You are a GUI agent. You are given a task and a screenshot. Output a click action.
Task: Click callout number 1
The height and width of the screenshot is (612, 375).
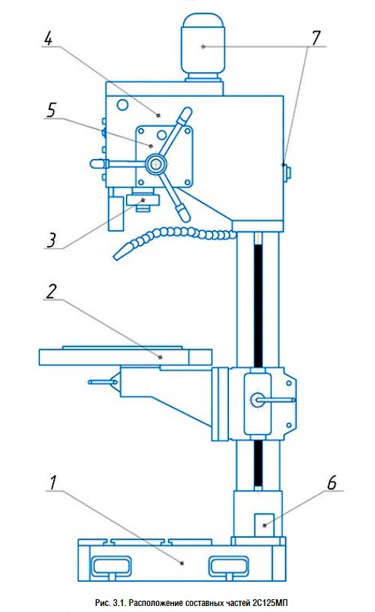click(x=52, y=482)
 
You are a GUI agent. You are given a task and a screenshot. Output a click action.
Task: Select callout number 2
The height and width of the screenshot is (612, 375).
click(x=51, y=291)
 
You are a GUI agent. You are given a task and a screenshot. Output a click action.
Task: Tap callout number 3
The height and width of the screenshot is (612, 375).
click(x=52, y=240)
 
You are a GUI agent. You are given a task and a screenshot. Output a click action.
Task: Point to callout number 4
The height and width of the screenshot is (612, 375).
click(x=49, y=38)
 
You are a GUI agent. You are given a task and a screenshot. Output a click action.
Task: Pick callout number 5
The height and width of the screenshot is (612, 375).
click(x=51, y=109)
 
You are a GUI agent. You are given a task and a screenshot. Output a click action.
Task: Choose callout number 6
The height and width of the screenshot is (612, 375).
click(x=331, y=482)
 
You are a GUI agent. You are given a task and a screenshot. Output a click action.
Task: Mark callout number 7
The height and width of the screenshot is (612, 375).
click(x=316, y=37)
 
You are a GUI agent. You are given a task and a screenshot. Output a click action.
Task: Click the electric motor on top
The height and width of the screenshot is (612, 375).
click(x=203, y=47)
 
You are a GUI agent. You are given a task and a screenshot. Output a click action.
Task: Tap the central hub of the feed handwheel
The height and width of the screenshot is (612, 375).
click(x=156, y=164)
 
